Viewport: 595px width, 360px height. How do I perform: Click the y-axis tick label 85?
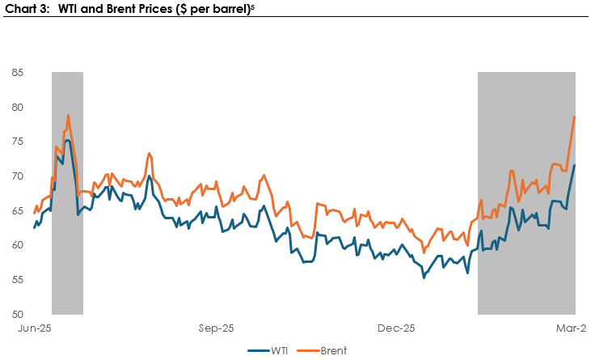18,73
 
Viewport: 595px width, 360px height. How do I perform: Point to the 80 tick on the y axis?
18,108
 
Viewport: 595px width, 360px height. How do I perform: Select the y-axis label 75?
18,142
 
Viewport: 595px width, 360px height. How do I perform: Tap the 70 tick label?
18,176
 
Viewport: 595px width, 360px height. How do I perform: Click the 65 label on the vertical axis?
18,211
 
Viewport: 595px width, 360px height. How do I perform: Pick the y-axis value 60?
18,245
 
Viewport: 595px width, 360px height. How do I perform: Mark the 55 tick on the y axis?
18,280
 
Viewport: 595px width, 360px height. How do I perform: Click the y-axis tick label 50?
18,315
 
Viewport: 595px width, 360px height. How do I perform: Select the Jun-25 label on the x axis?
35,328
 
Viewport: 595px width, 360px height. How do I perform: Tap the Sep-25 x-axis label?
216,328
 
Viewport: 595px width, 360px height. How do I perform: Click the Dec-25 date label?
396,328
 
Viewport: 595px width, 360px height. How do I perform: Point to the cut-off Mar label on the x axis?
572,328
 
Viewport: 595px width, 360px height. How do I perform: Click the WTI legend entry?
268,350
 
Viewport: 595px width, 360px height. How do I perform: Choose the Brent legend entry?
322,350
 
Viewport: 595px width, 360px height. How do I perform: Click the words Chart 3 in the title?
27,8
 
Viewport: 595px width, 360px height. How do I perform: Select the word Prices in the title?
154,8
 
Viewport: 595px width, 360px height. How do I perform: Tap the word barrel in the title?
231,8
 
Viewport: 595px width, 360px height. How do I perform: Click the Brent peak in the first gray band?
68,115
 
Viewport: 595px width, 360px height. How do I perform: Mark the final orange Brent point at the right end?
575,116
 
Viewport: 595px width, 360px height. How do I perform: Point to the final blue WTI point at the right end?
575,165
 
